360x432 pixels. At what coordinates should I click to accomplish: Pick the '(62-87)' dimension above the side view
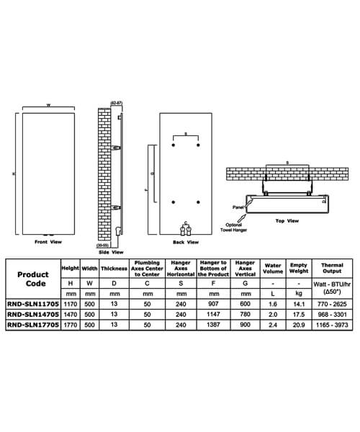[x=119, y=104]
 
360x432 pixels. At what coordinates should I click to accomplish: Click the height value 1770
[x=69, y=325]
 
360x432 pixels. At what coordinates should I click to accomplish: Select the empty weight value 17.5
[x=299, y=315]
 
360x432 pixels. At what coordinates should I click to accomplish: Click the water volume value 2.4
[x=273, y=325]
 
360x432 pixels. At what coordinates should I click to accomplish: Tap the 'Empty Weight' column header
[x=299, y=268]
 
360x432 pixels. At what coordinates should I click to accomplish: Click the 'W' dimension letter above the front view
[x=48, y=106]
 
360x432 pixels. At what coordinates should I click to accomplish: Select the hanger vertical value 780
[x=244, y=315]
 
